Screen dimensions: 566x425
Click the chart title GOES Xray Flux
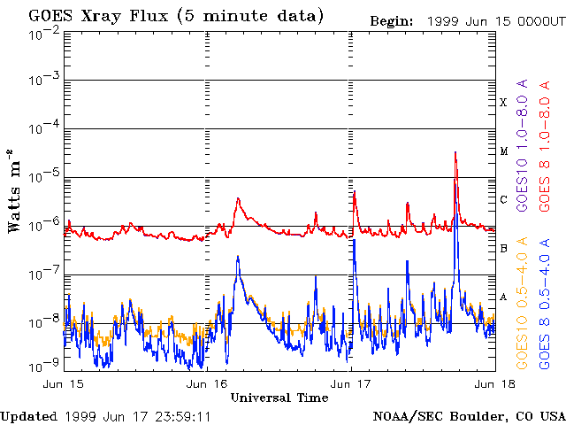pos(98,16)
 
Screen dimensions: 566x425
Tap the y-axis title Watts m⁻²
pos(13,191)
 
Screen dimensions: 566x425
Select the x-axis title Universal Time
pos(279,398)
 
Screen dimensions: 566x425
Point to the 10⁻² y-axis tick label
pos(44,34)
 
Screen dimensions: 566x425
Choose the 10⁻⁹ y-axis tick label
pos(44,366)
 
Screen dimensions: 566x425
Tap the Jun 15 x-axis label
pos(64,383)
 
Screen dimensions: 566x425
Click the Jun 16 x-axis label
pos(207,383)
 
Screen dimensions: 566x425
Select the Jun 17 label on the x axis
pos(350,383)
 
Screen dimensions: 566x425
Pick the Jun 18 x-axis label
pos(494,383)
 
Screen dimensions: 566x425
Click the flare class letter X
pos(503,103)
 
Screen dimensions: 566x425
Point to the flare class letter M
pos(504,151)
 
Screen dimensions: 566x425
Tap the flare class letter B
pos(503,248)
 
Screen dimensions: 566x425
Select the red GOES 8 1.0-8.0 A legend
pos(545,146)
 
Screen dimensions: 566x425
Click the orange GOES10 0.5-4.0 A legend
pos(522,303)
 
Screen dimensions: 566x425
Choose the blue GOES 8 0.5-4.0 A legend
pos(545,303)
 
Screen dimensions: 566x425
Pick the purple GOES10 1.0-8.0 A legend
pos(522,145)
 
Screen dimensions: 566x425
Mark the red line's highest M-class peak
pos(455,153)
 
